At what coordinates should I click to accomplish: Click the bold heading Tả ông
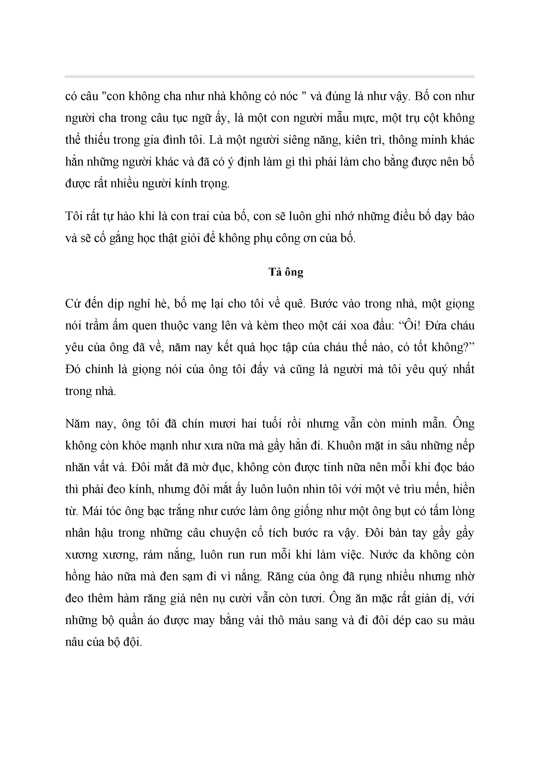coord(286,272)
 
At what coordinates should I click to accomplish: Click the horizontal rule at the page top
coord(269,77)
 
